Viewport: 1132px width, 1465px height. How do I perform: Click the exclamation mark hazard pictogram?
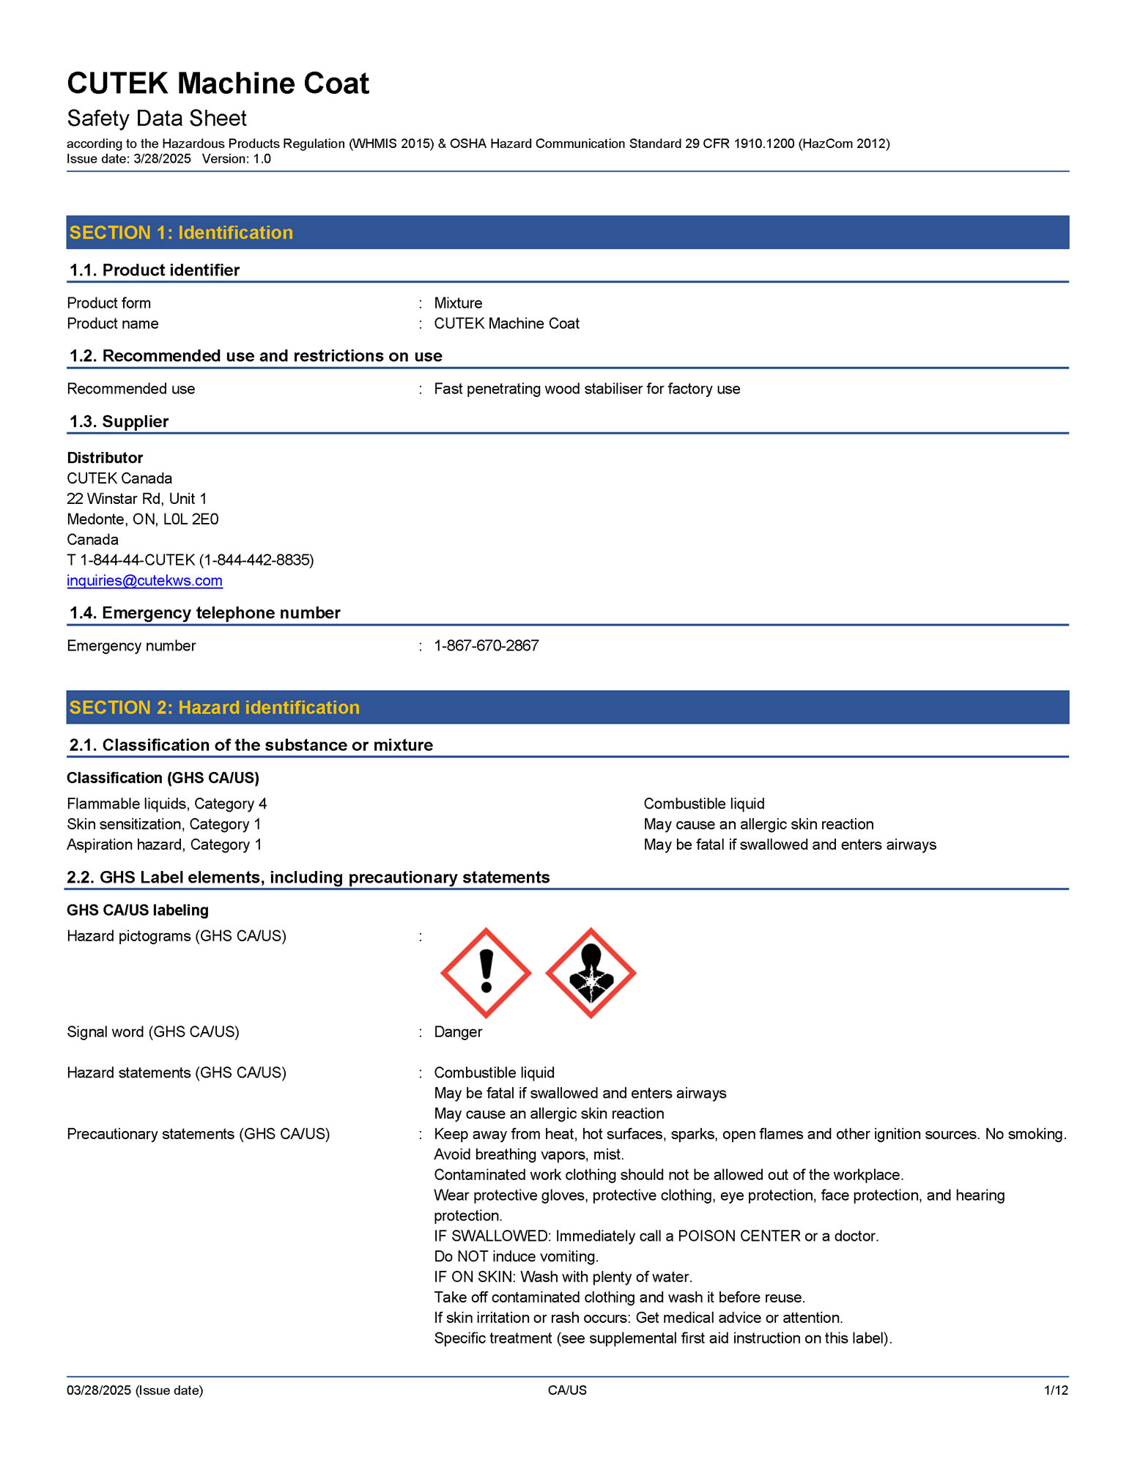click(486, 973)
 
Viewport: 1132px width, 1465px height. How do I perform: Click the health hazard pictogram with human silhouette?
click(591, 973)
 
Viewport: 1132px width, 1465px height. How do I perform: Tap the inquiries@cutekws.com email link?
click(144, 581)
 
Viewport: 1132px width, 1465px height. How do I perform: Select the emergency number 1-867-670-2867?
click(487, 645)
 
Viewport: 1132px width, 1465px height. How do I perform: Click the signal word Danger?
click(458, 1031)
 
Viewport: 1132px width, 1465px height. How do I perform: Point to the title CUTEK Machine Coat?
click(218, 84)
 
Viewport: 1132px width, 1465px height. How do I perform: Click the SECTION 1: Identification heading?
click(181, 233)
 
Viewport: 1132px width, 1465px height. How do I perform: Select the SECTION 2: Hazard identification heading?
click(214, 708)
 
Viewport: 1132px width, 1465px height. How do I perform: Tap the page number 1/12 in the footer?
click(1056, 1390)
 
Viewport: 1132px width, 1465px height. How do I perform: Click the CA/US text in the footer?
click(567, 1390)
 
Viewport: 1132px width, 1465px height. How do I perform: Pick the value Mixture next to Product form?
click(458, 303)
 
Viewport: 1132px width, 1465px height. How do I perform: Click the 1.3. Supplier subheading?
click(119, 422)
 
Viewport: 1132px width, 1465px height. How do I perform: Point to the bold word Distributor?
click(105, 458)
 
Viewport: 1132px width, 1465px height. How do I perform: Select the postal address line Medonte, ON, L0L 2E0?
click(143, 519)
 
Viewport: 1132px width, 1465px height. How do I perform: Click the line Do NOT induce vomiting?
click(517, 1256)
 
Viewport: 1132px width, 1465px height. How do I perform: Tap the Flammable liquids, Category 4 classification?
click(167, 804)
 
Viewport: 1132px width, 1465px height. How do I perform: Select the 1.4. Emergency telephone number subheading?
click(205, 613)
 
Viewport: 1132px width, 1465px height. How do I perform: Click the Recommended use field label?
click(131, 389)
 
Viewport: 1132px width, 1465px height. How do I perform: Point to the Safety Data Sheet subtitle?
click(157, 119)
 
